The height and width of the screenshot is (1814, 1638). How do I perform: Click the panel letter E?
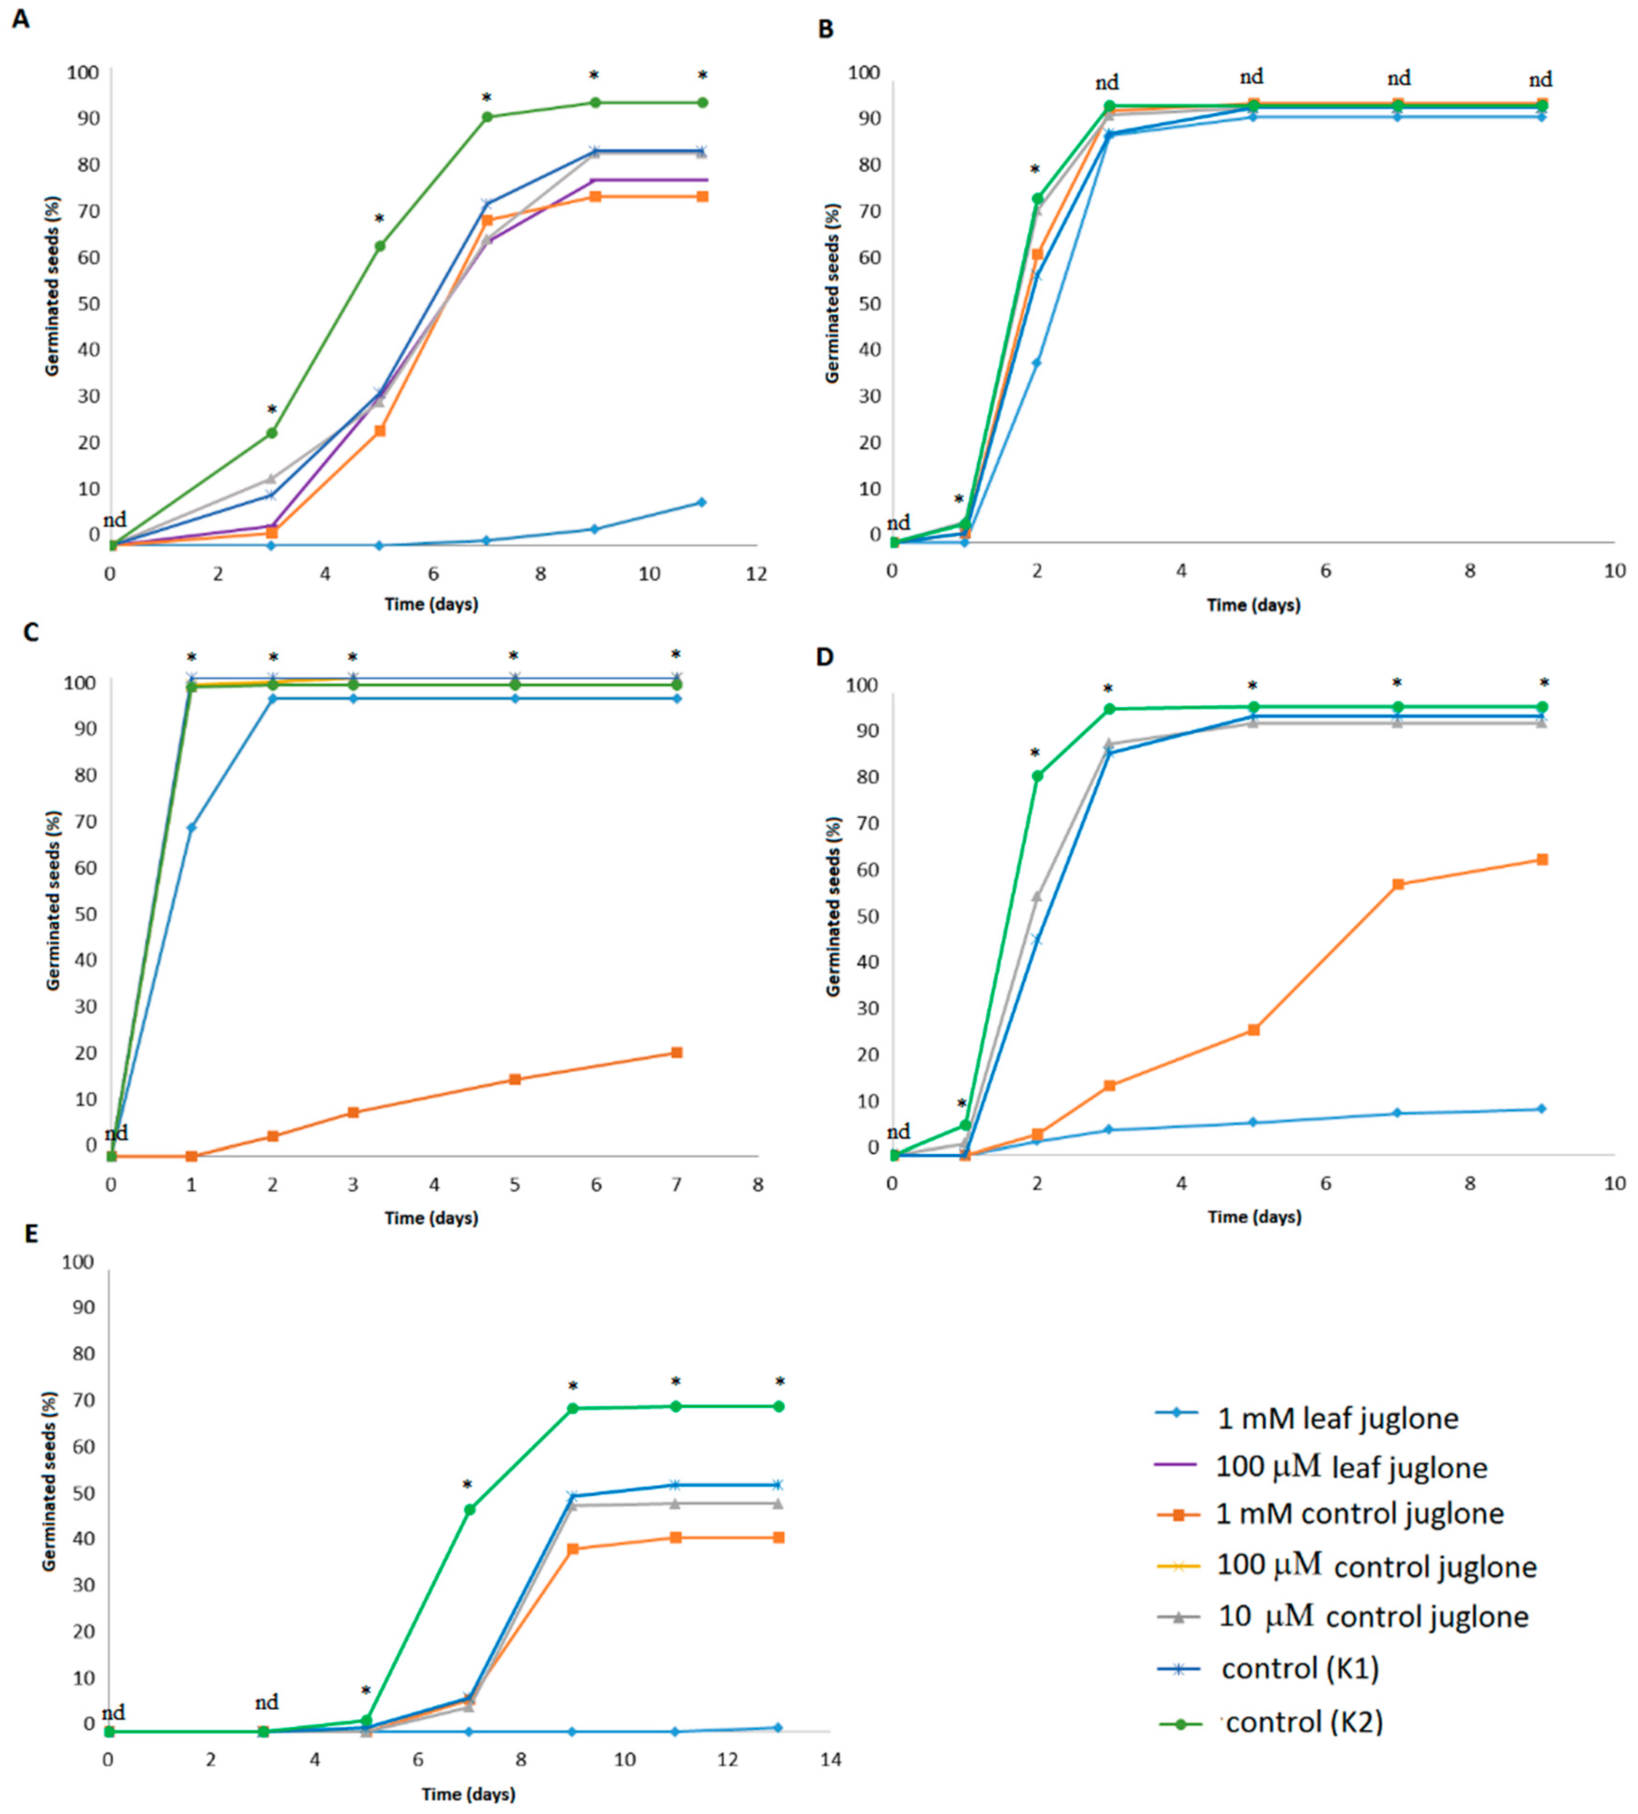31,1233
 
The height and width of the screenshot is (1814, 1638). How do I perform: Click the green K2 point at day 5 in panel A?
380,246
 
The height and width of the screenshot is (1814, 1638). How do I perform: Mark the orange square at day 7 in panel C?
676,1053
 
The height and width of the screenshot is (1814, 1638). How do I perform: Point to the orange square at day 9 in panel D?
1542,859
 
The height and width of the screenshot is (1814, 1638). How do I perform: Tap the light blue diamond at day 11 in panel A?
702,502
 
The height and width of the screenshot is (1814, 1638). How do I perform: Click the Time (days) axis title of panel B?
1253,605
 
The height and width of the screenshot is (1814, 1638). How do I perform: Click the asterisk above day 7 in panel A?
487,97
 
